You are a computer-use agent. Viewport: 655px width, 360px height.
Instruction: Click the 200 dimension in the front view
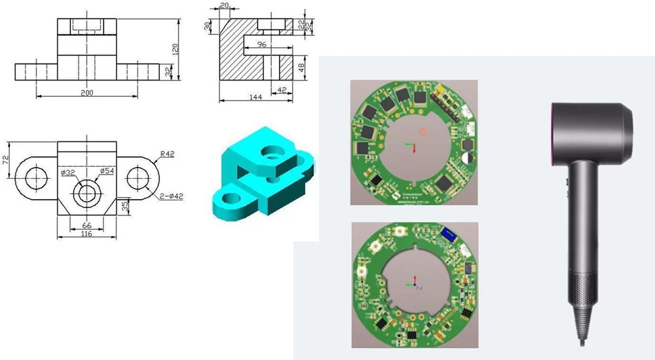coord(86,93)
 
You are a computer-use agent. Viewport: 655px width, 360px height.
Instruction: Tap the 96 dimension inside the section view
coord(262,45)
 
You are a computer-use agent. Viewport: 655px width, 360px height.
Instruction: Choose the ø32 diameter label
coord(67,172)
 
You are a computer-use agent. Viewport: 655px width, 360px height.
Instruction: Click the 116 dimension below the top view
coord(85,233)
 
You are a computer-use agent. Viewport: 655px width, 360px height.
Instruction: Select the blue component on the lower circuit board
coord(449,234)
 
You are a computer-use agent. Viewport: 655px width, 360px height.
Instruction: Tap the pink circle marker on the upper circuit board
coord(423,131)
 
